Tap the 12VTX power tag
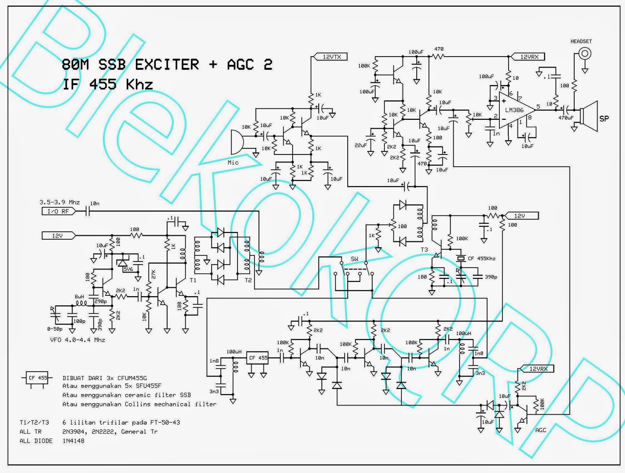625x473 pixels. (331, 57)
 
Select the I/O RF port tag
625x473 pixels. (58, 211)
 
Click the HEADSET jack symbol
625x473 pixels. (585, 53)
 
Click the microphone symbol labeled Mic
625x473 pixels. (236, 143)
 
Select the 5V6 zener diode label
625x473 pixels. (128, 269)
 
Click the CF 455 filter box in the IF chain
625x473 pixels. (258, 358)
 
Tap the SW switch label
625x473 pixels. (354, 259)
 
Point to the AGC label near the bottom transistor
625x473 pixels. (541, 430)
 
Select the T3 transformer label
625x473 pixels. (424, 249)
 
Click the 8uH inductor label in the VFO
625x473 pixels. (79, 297)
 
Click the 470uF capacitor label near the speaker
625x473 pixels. (566, 117)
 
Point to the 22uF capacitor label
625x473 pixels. (361, 145)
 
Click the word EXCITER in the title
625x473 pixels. (167, 64)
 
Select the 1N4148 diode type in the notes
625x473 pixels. (73, 441)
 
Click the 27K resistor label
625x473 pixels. (153, 274)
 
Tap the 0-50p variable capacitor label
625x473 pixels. (55, 329)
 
